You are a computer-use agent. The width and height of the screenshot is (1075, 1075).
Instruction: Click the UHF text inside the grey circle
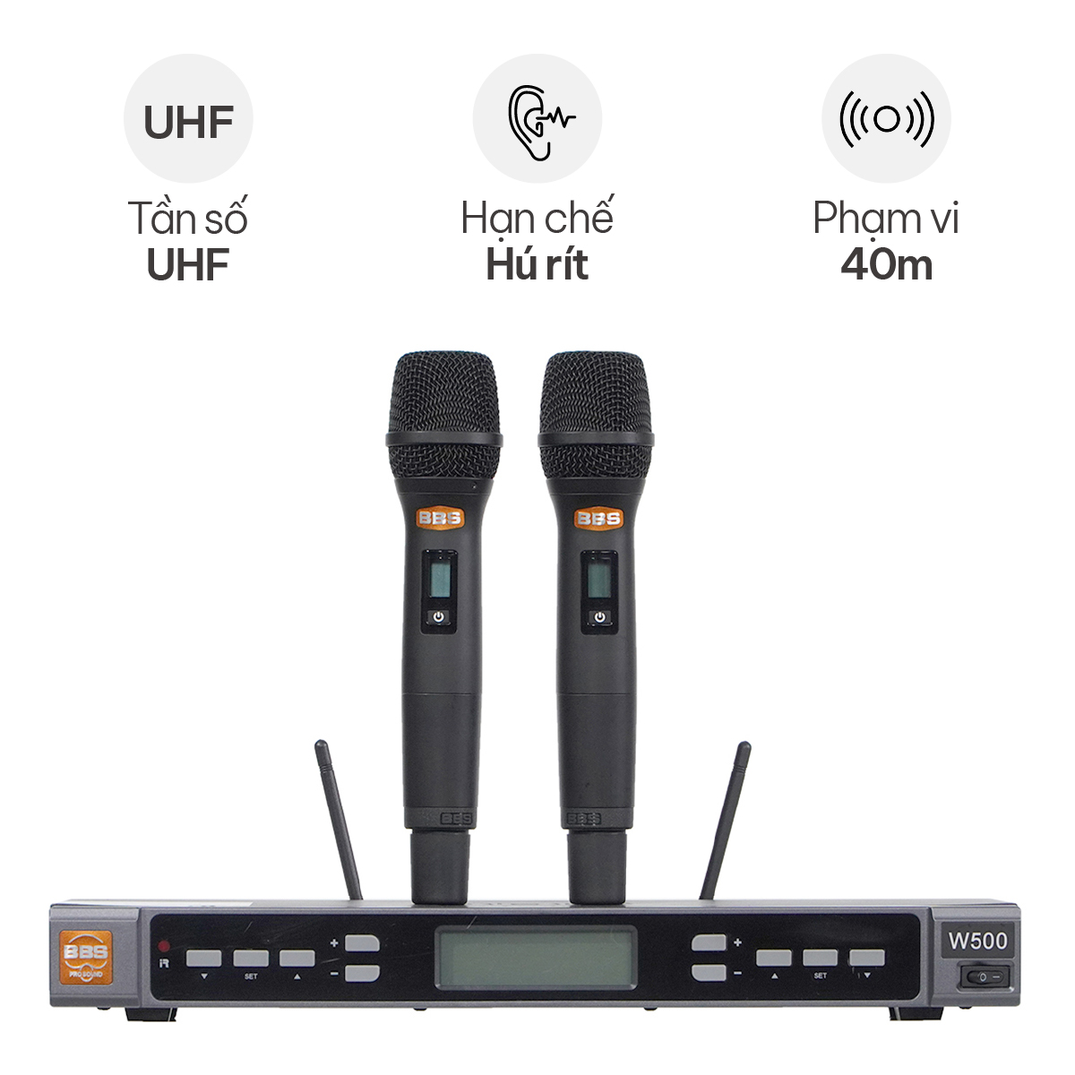(x=188, y=122)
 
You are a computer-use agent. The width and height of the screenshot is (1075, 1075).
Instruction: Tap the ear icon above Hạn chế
(x=540, y=123)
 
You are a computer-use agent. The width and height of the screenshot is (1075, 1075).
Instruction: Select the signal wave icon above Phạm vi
(x=887, y=119)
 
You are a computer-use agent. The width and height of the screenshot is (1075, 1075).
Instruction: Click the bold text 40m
(x=887, y=265)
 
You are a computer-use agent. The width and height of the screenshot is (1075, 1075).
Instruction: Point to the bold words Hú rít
(x=537, y=264)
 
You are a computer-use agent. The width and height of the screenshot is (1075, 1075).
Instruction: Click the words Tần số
(x=188, y=218)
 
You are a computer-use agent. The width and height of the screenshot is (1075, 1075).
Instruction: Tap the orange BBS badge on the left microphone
(x=440, y=518)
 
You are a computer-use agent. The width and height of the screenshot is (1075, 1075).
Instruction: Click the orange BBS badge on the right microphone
(x=598, y=519)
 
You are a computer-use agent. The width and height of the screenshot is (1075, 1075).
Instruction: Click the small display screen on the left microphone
(x=439, y=577)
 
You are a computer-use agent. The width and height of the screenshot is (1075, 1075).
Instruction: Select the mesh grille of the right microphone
(x=596, y=416)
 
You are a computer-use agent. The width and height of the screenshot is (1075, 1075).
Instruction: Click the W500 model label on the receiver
(x=978, y=941)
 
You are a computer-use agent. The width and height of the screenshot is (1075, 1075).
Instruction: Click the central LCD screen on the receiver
(x=536, y=958)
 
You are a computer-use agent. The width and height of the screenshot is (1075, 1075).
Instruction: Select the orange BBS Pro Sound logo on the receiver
(x=86, y=958)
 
